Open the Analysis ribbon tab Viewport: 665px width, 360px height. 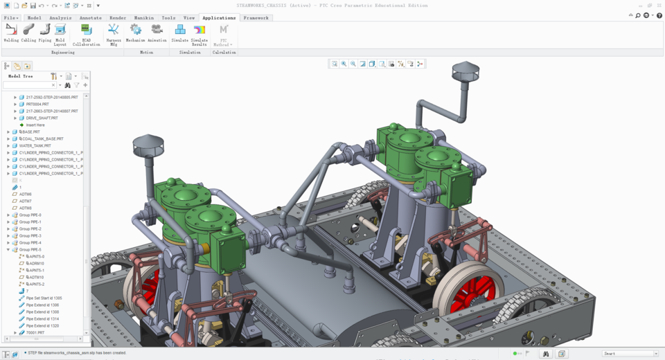[x=60, y=18]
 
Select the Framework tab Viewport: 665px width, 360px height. [x=256, y=18]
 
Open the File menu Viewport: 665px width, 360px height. [x=10, y=18]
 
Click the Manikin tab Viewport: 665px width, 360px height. [x=143, y=18]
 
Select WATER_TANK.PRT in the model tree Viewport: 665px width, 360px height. [x=35, y=145]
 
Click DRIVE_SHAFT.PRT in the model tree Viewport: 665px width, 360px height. [x=42, y=118]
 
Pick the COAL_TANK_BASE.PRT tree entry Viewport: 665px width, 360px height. [x=42, y=138]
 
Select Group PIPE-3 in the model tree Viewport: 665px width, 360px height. [x=30, y=235]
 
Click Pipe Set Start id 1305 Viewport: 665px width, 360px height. [x=44, y=298]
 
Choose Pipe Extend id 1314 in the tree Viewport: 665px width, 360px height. [x=42, y=318]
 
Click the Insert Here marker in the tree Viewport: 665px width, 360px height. [x=35, y=125]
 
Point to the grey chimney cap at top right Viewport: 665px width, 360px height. [x=465, y=69]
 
